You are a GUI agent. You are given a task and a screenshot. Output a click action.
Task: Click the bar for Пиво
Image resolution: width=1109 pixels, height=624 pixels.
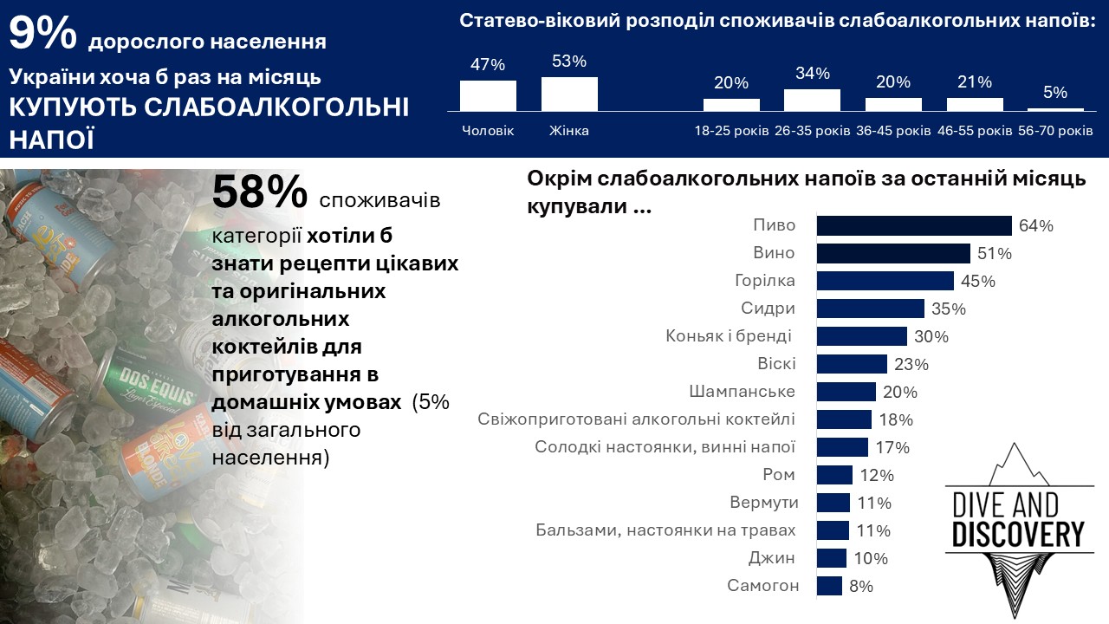(x=914, y=226)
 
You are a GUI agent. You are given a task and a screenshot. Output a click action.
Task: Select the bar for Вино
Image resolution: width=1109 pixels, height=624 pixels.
(x=893, y=254)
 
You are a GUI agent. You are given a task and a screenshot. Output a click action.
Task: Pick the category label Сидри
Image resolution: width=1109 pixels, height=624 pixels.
(x=768, y=309)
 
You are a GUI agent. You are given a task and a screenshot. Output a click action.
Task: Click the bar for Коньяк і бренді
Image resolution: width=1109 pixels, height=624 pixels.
(x=861, y=336)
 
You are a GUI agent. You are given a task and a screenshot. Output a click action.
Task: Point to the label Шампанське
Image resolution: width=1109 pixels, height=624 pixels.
(x=743, y=392)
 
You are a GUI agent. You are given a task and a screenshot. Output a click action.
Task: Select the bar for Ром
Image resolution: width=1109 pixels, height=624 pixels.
(x=834, y=475)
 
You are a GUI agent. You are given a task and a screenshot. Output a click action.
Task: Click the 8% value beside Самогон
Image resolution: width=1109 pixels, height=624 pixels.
(x=860, y=587)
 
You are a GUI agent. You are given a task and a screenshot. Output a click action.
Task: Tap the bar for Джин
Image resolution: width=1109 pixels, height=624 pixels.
(x=831, y=558)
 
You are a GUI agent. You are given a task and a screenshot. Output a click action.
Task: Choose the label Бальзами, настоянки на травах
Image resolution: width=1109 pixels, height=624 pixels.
(x=665, y=530)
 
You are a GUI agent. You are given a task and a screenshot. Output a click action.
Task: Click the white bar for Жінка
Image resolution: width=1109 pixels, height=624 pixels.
(x=569, y=94)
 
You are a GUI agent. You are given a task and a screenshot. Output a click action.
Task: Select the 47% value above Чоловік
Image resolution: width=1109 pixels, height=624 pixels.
(x=488, y=65)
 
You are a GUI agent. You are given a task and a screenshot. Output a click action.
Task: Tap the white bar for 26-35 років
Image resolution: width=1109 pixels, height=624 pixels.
(x=812, y=100)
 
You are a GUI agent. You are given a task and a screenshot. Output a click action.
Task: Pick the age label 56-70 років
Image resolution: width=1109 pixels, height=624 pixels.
(x=1055, y=131)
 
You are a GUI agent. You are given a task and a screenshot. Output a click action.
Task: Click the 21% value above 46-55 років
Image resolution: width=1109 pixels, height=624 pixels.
(x=975, y=82)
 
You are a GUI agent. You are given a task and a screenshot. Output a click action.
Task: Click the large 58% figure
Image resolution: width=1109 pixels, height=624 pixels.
(x=260, y=192)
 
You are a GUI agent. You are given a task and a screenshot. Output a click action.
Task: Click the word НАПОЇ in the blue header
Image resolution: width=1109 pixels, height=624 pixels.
(x=52, y=140)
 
